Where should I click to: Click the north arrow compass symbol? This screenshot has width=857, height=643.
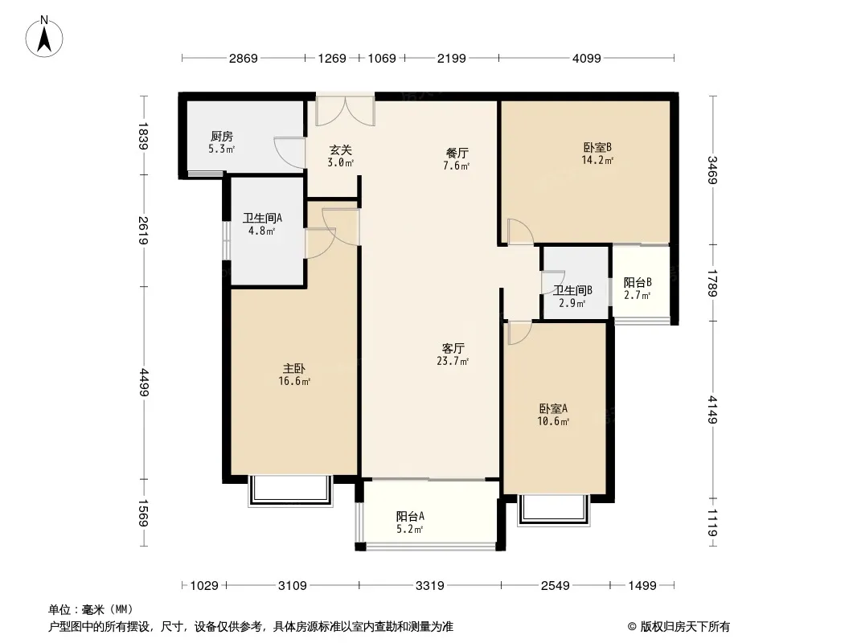coord(44,37)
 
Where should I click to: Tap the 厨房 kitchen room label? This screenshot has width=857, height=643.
coord(222,136)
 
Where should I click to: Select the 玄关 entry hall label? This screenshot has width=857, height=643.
coord(341,149)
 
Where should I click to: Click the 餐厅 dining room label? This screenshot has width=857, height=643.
coord(457,153)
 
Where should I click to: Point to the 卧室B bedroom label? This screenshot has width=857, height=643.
coord(597,148)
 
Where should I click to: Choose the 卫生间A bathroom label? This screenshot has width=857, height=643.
coord(262,218)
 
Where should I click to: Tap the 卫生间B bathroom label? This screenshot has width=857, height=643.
coord(572,290)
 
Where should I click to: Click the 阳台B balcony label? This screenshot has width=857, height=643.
coord(638,282)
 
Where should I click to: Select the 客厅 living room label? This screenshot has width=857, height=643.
coord(453,348)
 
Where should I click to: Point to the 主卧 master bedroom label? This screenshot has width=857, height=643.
coord(294,369)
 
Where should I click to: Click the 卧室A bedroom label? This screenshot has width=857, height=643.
coord(554,408)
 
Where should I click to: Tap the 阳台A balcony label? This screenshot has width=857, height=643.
coord(411,516)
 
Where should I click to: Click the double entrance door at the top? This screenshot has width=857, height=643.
coord(346,111)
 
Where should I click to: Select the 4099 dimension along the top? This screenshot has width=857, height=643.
coord(586,58)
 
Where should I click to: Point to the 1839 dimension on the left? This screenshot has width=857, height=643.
coord(143,136)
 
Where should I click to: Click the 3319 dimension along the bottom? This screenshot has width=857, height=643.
coord(430,586)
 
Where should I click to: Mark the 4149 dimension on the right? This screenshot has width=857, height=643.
coord(712,410)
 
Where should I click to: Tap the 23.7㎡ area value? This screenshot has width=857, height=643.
coord(453,361)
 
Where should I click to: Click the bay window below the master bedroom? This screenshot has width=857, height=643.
coord(291,491)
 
